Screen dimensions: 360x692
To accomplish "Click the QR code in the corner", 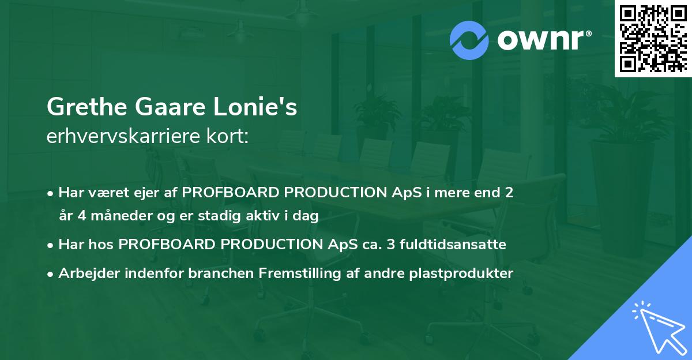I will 653,38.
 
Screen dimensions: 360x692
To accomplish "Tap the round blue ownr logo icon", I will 469,40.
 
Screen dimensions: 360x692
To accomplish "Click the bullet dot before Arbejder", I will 51,274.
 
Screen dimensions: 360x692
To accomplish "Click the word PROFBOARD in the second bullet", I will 157,245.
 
